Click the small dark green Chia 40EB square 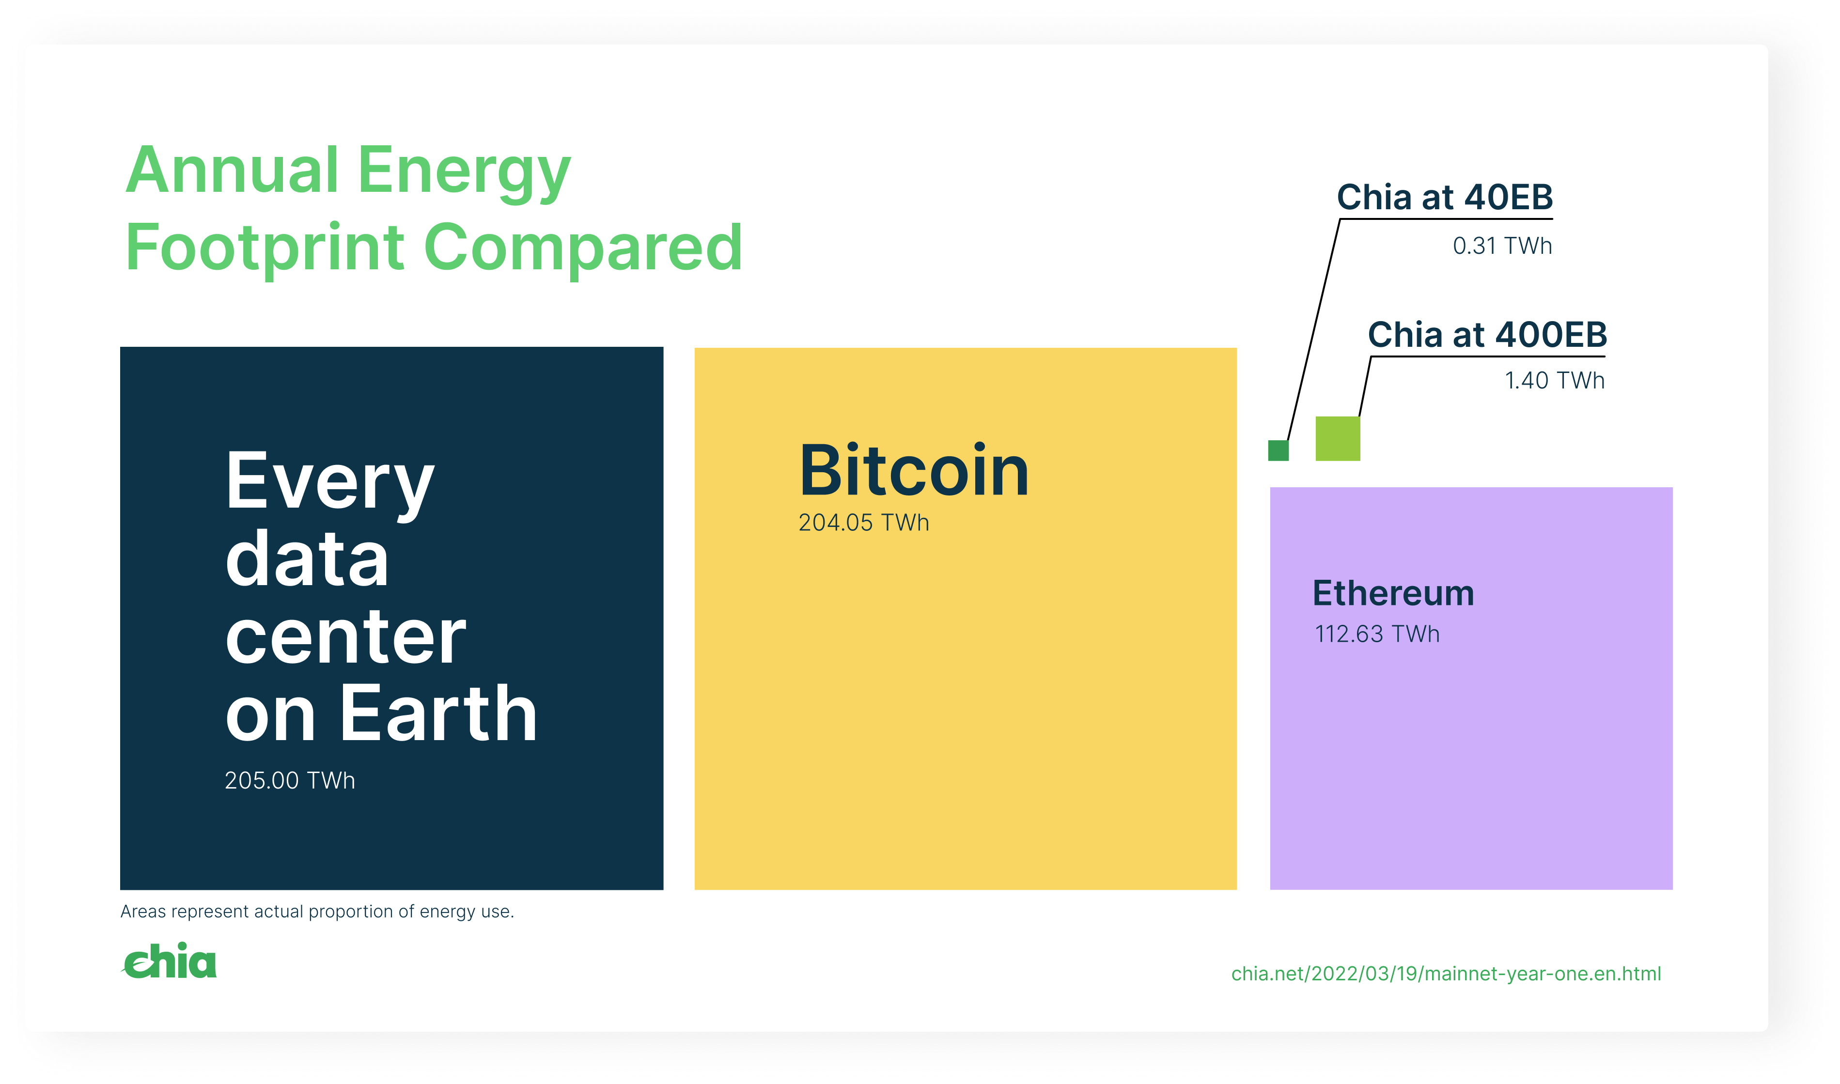(x=1279, y=450)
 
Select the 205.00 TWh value (x=290, y=781)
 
